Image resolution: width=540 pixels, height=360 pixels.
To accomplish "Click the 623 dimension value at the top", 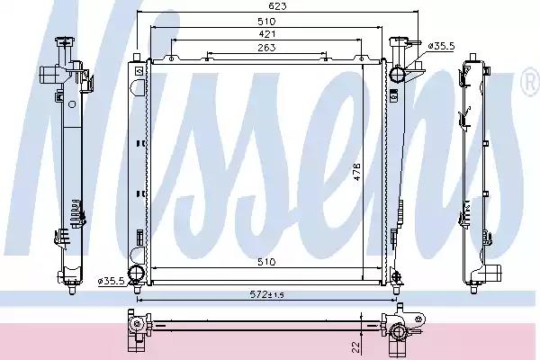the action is (x=277, y=6).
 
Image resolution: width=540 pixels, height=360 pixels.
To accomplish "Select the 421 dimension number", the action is (x=266, y=34).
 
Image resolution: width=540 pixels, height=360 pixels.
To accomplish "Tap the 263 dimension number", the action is (x=266, y=47).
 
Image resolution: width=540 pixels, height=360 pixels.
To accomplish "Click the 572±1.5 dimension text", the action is (x=267, y=294).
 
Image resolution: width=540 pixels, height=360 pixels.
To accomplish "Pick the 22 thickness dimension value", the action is (x=356, y=346).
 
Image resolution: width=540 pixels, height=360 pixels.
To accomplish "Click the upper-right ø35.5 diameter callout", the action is (x=441, y=46).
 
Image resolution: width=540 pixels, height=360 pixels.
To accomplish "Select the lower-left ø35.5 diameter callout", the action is (x=111, y=282).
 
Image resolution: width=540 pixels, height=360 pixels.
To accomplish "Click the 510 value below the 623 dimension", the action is (x=266, y=22).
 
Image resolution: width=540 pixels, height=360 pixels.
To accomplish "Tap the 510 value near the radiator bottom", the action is (x=266, y=262).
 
